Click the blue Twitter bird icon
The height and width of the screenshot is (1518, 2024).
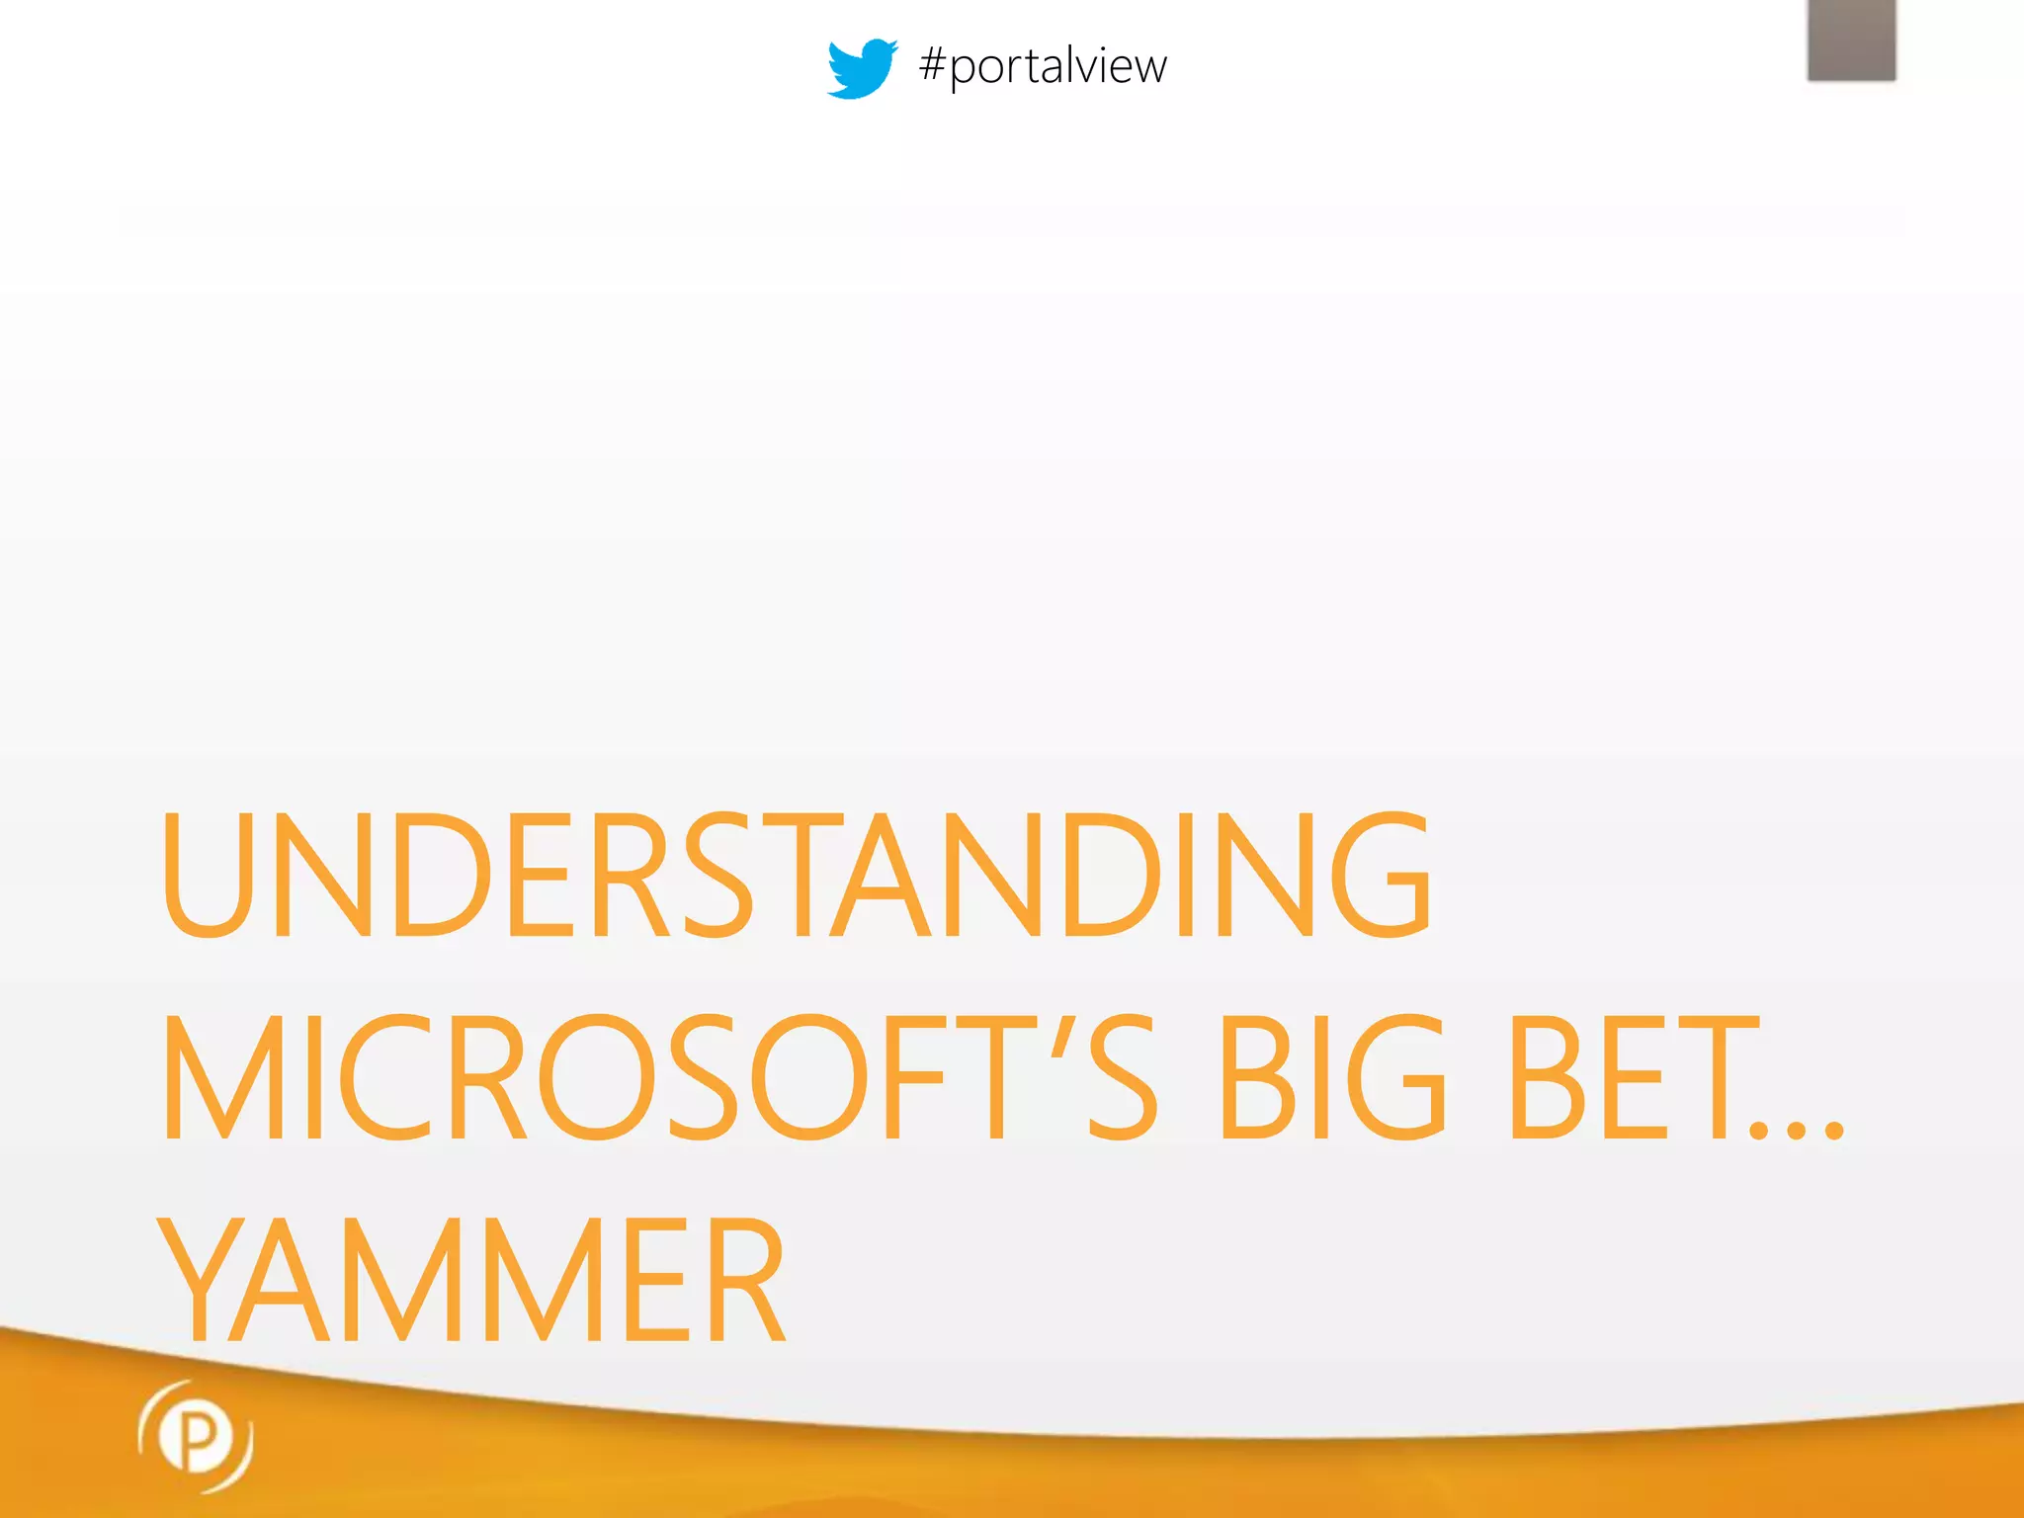[861, 68]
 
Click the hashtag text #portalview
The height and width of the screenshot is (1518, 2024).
[1043, 67]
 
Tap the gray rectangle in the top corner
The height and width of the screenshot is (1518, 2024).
[1851, 40]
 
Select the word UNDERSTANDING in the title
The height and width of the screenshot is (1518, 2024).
[796, 875]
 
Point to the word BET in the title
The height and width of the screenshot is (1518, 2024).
[1631, 1077]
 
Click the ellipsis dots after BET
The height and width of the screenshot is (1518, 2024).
[1797, 1130]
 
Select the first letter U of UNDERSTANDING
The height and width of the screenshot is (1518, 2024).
[205, 875]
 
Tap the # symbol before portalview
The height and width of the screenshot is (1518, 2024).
[933, 65]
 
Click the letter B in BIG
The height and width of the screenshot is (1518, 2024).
[1255, 1077]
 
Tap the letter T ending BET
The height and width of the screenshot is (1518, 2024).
[1712, 1077]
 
